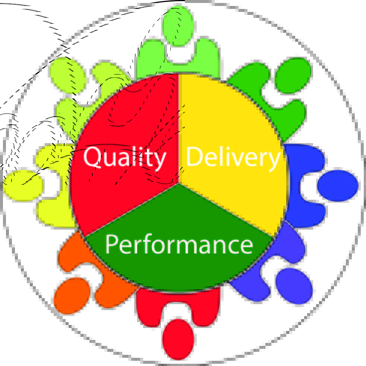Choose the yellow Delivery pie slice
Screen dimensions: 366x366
(x=231, y=123)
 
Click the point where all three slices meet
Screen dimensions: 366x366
(x=180, y=183)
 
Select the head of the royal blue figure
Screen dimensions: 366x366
(x=338, y=186)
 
